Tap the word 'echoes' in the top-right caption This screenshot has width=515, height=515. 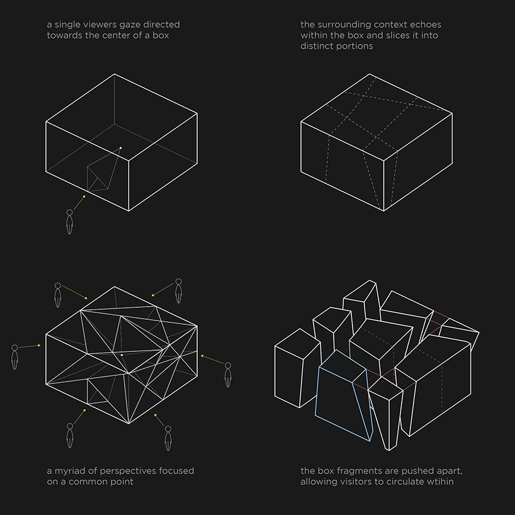[x=426, y=25]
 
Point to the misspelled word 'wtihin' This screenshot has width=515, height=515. [x=438, y=482]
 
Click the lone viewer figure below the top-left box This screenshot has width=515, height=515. [x=69, y=222]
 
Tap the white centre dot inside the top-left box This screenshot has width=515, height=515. [x=120, y=148]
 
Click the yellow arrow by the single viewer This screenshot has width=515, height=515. [x=79, y=202]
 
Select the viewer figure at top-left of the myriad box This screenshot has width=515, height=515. [x=58, y=295]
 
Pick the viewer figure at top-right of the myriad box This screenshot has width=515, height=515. [x=178, y=291]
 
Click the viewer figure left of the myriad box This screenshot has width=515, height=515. [x=14, y=357]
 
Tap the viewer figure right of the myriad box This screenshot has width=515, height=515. [x=228, y=375]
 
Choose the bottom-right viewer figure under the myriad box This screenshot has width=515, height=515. [x=168, y=438]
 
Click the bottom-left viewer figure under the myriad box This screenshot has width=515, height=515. [x=70, y=436]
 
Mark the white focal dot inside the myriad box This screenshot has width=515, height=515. [x=122, y=355]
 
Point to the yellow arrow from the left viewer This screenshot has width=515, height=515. [x=30, y=346]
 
